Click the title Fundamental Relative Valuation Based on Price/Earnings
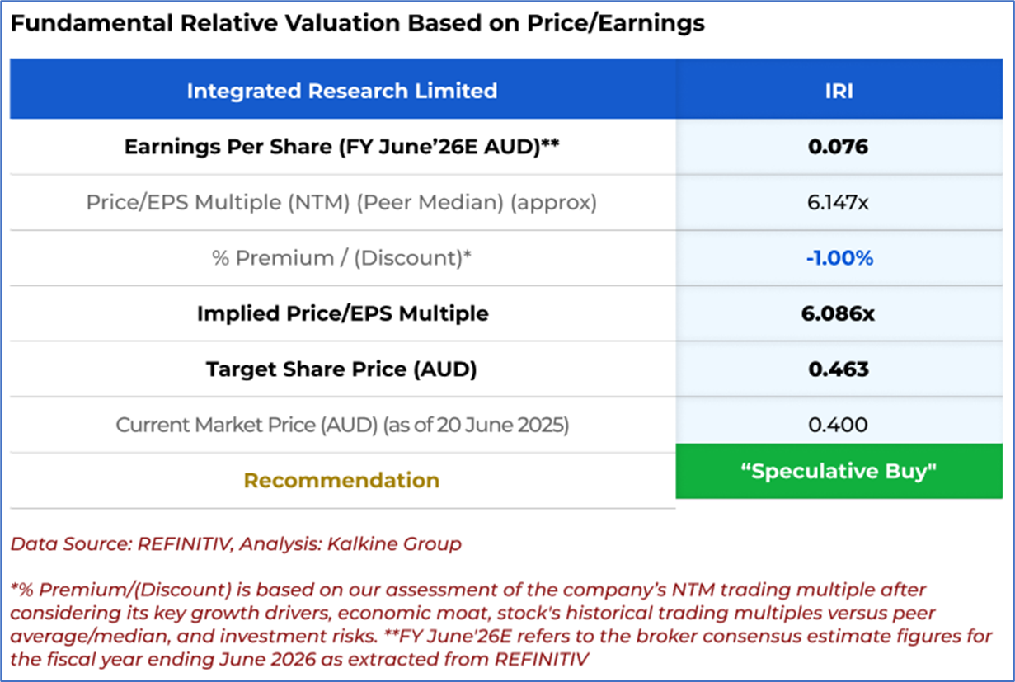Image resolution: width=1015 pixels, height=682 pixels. (357, 23)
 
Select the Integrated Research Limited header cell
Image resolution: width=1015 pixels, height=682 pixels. (341, 90)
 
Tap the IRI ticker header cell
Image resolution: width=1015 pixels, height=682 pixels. (839, 90)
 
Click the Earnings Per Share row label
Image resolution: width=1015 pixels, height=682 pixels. (342, 147)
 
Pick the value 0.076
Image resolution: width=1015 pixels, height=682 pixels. (839, 147)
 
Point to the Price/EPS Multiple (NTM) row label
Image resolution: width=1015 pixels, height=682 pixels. (341, 202)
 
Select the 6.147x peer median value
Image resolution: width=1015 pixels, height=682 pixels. (839, 202)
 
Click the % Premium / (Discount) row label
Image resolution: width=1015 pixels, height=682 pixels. (341, 258)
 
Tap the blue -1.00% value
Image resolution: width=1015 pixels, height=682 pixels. (839, 258)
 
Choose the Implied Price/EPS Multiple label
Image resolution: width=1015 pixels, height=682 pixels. (342, 313)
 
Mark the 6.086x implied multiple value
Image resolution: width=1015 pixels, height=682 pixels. (839, 313)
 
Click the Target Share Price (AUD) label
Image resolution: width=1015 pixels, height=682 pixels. (341, 369)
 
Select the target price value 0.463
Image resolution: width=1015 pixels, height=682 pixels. (839, 369)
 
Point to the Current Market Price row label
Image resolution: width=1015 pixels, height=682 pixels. (342, 425)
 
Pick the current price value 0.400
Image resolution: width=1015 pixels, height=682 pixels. (839, 425)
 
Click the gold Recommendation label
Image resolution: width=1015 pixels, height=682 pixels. (341, 480)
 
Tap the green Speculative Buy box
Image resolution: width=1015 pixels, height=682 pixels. (839, 471)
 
